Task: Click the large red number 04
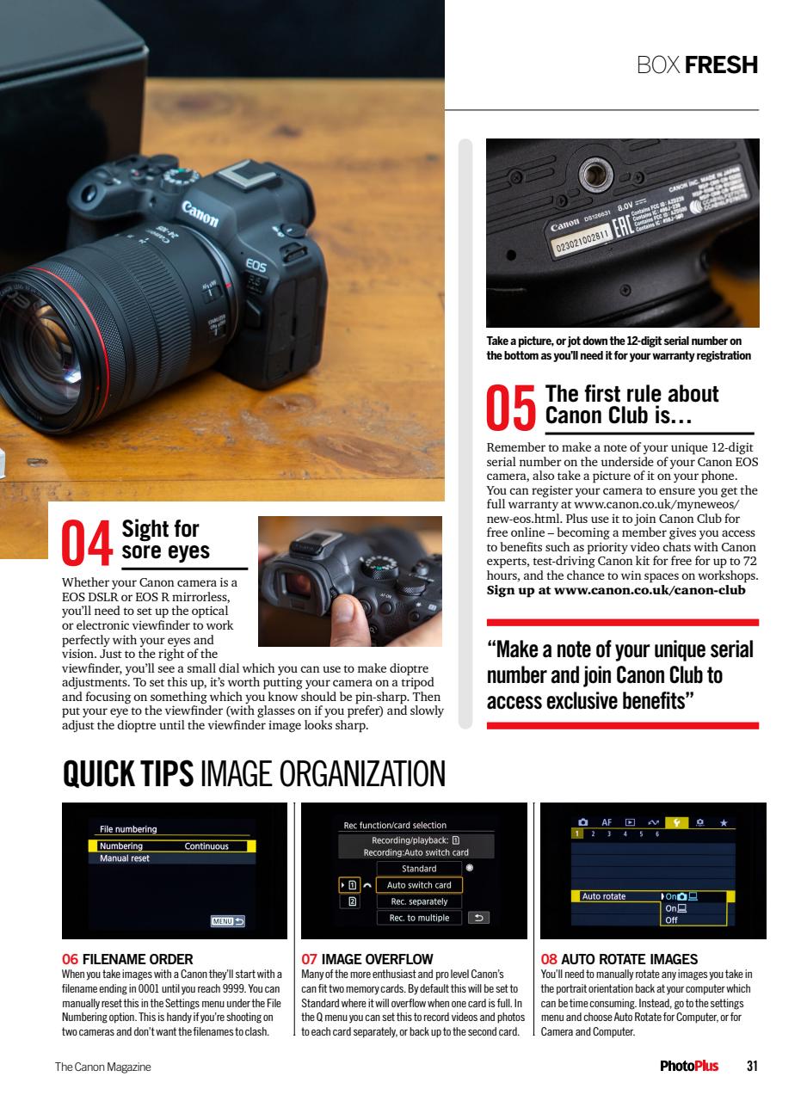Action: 87,543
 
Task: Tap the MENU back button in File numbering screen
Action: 228,921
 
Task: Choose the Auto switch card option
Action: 419,885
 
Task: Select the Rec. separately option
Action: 419,901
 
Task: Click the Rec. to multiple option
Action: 419,918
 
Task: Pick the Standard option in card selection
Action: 419,869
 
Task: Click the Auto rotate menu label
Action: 604,896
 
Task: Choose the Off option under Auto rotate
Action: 672,920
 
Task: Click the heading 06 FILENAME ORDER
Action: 127,959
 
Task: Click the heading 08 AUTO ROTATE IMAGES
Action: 619,959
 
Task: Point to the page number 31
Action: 752,1067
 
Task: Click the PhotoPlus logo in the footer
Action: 688,1067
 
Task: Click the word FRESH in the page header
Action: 721,65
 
